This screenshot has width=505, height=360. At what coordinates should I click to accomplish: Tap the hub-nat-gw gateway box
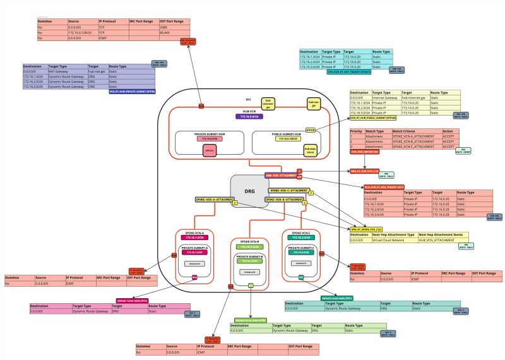tap(312, 103)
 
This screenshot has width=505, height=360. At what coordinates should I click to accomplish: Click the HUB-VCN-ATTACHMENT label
tap(280, 175)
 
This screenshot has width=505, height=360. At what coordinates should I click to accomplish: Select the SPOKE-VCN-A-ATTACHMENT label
tap(214, 199)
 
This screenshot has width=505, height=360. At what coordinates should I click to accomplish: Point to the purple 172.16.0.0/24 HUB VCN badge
tap(251, 116)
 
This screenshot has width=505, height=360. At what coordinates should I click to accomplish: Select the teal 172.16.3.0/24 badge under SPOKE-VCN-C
tap(300, 237)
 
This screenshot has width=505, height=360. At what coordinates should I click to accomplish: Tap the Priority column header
tap(357, 131)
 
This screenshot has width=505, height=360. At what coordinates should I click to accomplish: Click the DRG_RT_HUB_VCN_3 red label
tap(364, 171)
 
